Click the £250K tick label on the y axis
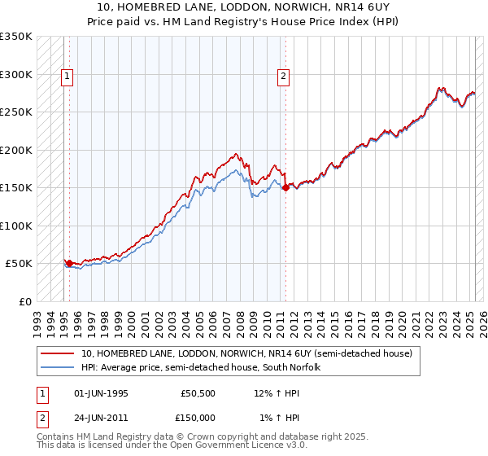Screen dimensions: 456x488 16,112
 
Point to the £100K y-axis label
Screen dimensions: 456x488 16,226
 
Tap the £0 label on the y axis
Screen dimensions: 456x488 24,301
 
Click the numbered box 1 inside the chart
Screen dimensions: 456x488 66,77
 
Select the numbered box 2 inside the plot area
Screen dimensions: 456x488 283,77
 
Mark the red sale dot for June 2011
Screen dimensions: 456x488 285,188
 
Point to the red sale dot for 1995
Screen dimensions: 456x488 69,263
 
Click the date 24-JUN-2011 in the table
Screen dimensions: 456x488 101,418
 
